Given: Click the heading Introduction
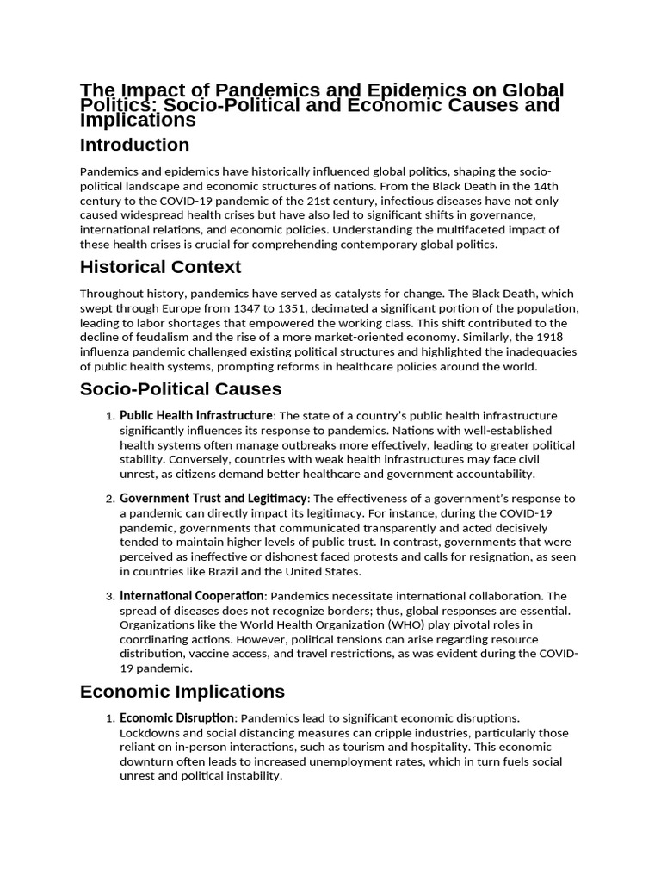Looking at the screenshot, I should tap(134, 145).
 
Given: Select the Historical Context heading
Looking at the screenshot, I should tap(160, 267).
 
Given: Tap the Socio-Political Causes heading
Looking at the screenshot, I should tap(181, 389).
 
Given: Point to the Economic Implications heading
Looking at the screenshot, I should tap(182, 692).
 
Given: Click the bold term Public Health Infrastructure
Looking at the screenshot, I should tap(195, 416).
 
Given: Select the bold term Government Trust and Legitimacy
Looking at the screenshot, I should tap(213, 499).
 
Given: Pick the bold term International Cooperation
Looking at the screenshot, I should tap(191, 595).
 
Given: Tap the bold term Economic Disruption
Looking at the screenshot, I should tap(176, 718).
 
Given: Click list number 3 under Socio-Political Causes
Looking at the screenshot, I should tap(110, 596).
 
